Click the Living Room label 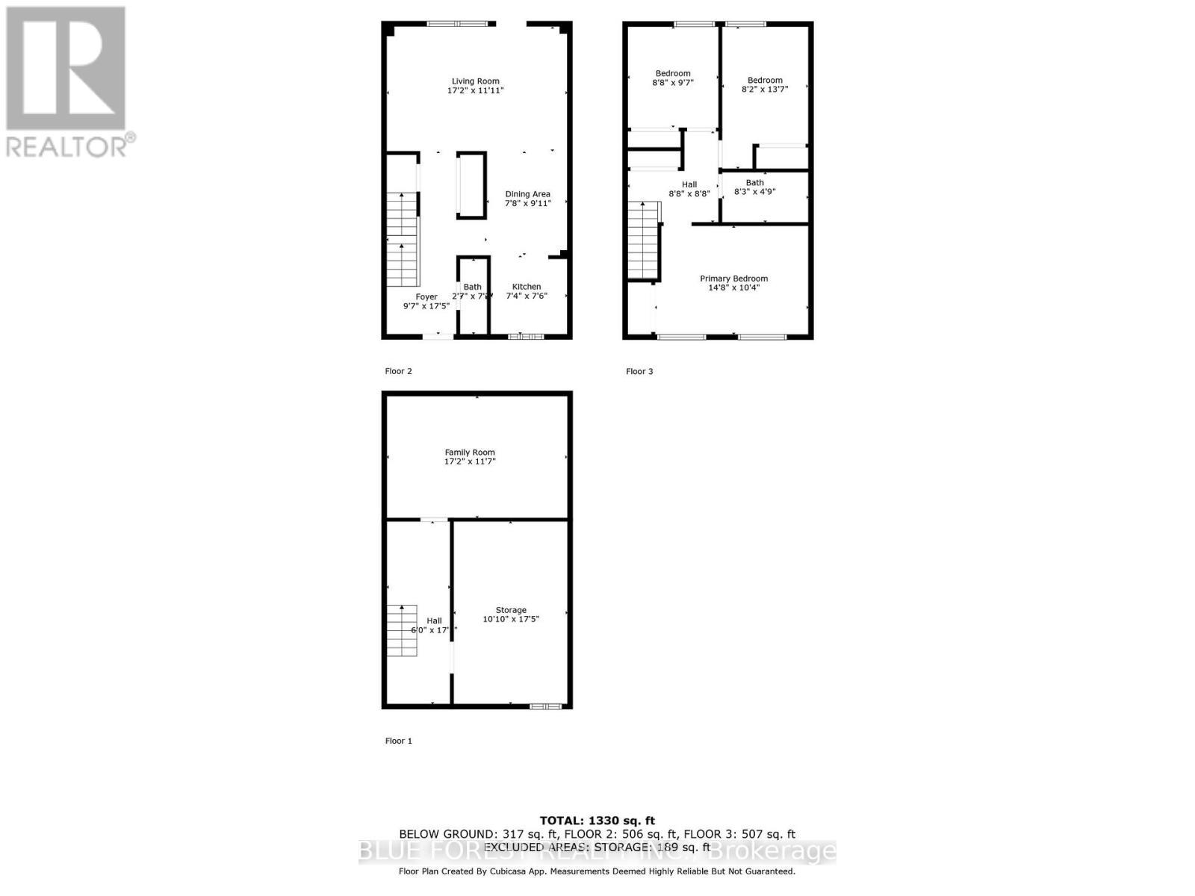coord(475,81)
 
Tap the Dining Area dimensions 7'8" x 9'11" coord(527,203)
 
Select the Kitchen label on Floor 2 coord(527,287)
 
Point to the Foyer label coord(426,297)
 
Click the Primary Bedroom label coord(733,279)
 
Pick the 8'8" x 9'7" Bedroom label coord(673,73)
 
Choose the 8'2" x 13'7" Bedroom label coord(765,80)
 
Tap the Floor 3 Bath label coord(754,183)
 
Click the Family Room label coord(470,452)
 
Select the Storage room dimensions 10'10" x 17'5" coord(511,619)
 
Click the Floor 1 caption coord(398,741)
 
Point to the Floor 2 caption coord(398,371)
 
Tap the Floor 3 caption coord(639,371)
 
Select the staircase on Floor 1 coord(402,630)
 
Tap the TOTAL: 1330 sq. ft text coord(597,821)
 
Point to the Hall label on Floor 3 coord(689,184)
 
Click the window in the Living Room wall coord(457,24)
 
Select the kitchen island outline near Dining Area coord(471,185)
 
